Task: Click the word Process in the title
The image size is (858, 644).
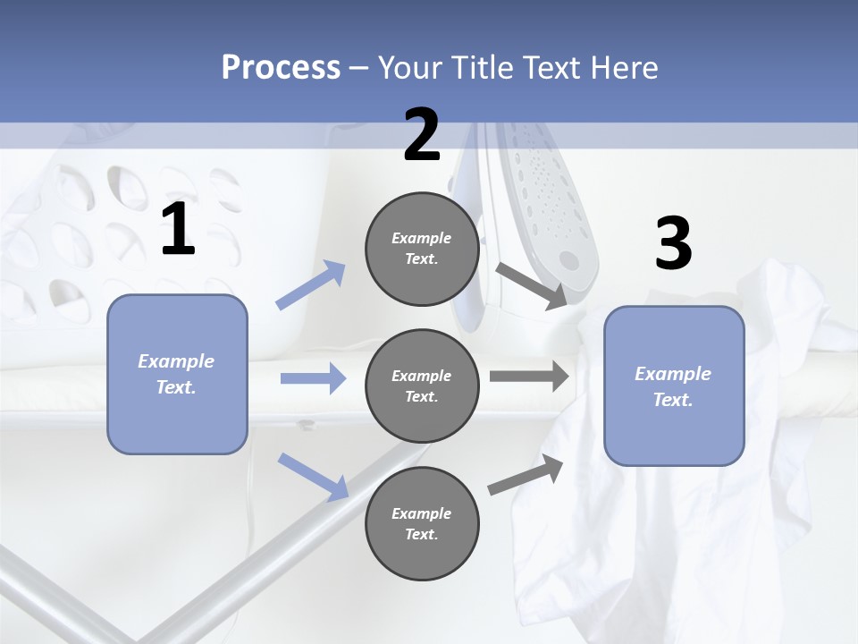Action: coord(281,67)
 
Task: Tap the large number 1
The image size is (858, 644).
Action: coord(178,229)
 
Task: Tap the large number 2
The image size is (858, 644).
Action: coord(422,135)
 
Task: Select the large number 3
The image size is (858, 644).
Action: coord(673,244)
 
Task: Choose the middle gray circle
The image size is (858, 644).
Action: coord(422,386)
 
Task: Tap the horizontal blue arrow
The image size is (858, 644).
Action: coord(313,378)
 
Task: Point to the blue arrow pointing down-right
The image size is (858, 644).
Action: coord(313,476)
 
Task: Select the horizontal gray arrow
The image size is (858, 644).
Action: coord(528,376)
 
